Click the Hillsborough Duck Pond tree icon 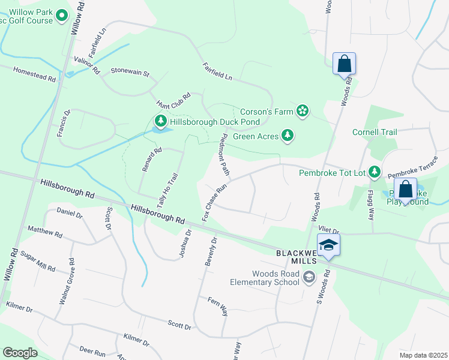(x=160, y=121)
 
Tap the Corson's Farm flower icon (x=303, y=111)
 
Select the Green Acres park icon (x=288, y=136)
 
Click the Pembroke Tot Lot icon (x=375, y=173)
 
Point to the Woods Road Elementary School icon (x=309, y=277)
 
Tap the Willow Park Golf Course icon (x=61, y=17)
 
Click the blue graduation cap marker (x=328, y=245)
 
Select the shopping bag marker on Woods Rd (x=345, y=64)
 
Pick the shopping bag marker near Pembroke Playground (x=406, y=190)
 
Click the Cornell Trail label (x=375, y=132)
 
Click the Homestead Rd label (x=35, y=74)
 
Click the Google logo (x=20, y=352)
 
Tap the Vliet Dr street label (x=329, y=230)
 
